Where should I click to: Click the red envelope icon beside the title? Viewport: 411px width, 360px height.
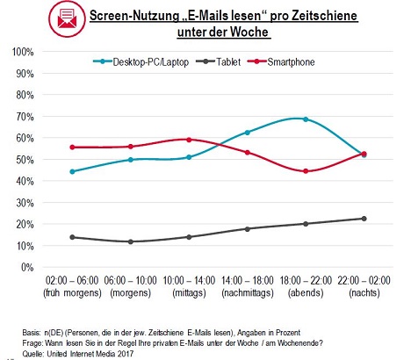coord(67,18)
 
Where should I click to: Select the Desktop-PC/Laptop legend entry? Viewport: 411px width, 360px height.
coord(141,62)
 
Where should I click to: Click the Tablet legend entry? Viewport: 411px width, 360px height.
coord(218,61)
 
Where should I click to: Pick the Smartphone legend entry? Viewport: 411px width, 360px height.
coord(281,62)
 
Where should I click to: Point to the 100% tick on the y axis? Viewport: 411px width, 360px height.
coord(23,52)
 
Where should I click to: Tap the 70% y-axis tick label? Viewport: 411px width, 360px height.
coord(25,117)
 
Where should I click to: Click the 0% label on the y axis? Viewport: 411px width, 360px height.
coord(27,267)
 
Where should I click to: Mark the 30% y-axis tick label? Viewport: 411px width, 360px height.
coord(25,203)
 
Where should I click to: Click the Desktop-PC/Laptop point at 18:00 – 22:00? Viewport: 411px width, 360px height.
coord(306,119)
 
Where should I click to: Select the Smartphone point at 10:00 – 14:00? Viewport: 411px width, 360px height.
coord(189,140)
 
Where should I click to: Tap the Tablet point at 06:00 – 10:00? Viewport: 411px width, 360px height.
coord(131,241)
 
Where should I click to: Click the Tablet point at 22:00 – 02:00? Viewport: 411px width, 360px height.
coord(364,219)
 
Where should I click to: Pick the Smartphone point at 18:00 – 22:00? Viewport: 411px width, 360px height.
coord(306,171)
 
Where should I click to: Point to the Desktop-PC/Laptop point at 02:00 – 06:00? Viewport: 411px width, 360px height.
coord(72,171)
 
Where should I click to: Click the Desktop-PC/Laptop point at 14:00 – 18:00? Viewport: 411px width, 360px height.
coord(248,133)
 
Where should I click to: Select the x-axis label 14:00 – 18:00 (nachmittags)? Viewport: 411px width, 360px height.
coord(248,286)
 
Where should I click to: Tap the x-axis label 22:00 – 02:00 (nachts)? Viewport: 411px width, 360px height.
coord(364,286)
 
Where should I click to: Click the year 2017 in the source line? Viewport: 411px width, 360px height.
coord(126,354)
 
